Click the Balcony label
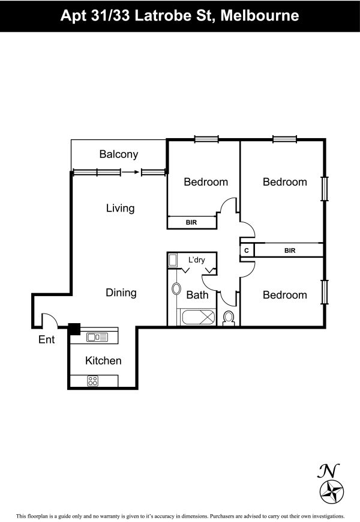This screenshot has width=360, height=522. pyautogui.click(x=119, y=154)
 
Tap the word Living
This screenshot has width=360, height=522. pyautogui.click(x=121, y=208)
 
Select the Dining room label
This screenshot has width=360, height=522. pyautogui.click(x=121, y=293)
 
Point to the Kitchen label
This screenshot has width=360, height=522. pyautogui.click(x=103, y=360)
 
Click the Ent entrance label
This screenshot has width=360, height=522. pyautogui.click(x=47, y=339)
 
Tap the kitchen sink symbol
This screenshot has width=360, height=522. pyautogui.click(x=97, y=337)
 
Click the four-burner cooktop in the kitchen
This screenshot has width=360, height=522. pyautogui.click(x=93, y=381)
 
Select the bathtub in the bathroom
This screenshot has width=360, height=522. pyautogui.click(x=198, y=317)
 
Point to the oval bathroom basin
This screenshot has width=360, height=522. pyautogui.click(x=176, y=288)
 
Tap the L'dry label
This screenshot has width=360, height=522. pyautogui.click(x=196, y=259)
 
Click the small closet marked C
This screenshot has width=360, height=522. pyautogui.click(x=247, y=250)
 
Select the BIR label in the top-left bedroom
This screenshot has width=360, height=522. pyautogui.click(x=191, y=222)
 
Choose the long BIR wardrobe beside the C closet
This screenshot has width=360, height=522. pyautogui.click(x=289, y=250)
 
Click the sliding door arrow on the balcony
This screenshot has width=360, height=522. pyautogui.click(x=130, y=172)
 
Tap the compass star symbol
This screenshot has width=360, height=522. pyautogui.click(x=332, y=491)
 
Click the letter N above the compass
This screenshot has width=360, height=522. pyautogui.click(x=328, y=470)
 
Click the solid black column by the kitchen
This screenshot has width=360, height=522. pyautogui.click(x=74, y=329)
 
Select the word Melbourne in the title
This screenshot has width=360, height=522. pyautogui.click(x=260, y=16)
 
